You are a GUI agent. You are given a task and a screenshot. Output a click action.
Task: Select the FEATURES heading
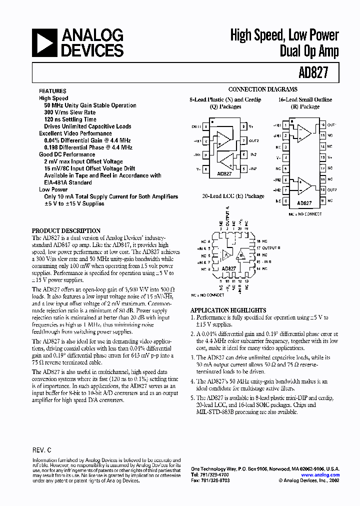(x=52, y=91)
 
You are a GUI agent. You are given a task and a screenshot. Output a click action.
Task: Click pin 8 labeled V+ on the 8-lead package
(x=243, y=127)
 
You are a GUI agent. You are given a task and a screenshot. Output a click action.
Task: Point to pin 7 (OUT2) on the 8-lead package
(x=243, y=141)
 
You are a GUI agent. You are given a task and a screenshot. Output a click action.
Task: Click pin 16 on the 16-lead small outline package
(x=323, y=125)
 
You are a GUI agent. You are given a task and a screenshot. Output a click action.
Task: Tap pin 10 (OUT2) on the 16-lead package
(x=323, y=190)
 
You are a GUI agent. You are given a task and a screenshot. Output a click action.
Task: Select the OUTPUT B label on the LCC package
(x=268, y=248)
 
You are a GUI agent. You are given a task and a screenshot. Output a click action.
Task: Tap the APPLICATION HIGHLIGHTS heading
(x=228, y=310)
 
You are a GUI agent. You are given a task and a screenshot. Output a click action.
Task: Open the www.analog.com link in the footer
(x=321, y=475)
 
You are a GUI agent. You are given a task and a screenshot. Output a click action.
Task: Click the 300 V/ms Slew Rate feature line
(x=69, y=112)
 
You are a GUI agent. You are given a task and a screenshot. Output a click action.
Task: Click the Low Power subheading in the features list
(x=53, y=189)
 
